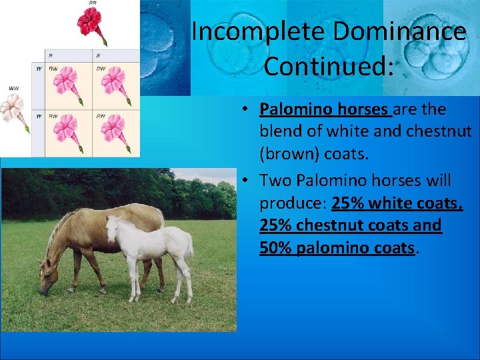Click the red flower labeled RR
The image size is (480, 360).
tap(89, 23)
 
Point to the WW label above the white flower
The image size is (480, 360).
tap(13, 88)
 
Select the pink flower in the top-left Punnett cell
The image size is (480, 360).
tap(67, 82)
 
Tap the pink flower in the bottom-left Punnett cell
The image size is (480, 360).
tap(67, 129)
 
